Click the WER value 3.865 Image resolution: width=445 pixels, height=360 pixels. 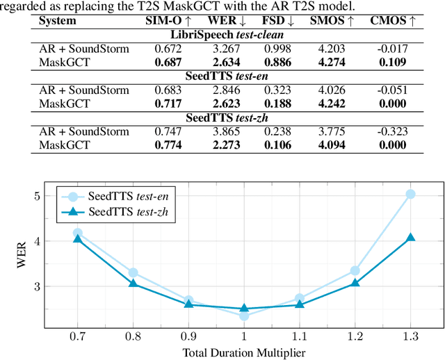click(x=224, y=131)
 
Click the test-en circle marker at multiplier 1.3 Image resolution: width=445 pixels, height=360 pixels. click(x=411, y=194)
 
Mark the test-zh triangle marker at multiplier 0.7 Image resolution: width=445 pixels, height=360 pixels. click(x=77, y=238)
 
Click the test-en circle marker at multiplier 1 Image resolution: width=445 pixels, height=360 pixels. click(x=244, y=316)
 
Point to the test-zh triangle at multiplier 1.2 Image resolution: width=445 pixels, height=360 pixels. click(x=355, y=283)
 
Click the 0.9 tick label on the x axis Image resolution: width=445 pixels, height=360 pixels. click(x=188, y=336)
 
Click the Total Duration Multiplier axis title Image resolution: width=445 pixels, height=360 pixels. click(x=244, y=352)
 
